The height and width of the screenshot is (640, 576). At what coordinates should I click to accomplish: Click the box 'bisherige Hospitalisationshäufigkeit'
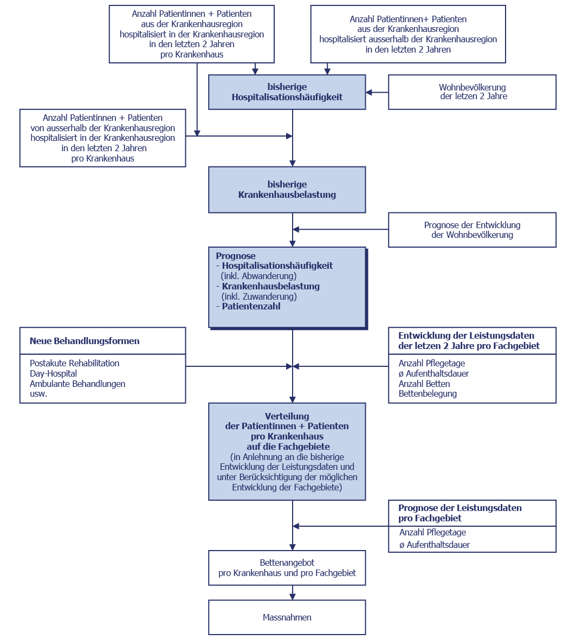[287, 92]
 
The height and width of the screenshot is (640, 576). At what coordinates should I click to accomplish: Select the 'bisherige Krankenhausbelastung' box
[287, 189]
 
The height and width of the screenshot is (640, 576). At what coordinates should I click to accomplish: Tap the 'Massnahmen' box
[287, 617]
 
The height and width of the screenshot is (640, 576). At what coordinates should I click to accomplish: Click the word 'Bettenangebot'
[287, 563]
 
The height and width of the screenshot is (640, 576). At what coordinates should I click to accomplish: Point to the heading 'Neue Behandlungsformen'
[85, 341]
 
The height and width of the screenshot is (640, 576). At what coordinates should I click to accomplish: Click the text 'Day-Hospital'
[53, 373]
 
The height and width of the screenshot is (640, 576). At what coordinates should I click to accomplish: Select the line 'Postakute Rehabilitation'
[74, 363]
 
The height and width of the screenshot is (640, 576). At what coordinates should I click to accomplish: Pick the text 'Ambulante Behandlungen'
[77, 384]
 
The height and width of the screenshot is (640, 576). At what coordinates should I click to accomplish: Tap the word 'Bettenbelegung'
[428, 393]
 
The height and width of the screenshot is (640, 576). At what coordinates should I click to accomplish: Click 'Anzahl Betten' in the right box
[424, 384]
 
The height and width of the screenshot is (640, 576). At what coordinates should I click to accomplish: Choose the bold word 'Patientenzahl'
[251, 306]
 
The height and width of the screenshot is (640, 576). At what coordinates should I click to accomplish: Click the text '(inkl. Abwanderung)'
[259, 276]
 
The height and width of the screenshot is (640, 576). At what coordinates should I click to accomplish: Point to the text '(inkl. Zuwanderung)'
[259, 296]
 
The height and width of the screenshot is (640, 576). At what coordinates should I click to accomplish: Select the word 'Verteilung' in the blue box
[287, 416]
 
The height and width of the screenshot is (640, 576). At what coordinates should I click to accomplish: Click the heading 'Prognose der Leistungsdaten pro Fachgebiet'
[459, 513]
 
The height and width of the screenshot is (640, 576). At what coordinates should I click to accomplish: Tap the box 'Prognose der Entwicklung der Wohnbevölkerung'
[472, 229]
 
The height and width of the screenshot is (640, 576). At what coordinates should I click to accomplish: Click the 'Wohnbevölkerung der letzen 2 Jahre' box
[472, 92]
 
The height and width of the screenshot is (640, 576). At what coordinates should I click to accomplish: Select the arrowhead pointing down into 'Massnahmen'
[292, 596]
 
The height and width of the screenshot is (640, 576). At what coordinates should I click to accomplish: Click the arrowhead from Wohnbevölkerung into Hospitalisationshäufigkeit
[369, 92]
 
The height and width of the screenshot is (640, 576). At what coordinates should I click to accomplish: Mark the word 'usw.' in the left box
[38, 394]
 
